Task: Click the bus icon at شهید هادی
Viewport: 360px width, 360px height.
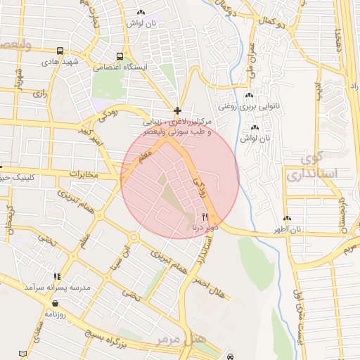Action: coord(60,51)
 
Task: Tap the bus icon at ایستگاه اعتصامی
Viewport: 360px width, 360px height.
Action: coord(120,56)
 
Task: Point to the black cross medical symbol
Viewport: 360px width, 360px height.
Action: coord(177,110)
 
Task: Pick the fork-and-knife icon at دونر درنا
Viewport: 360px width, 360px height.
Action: coord(205,217)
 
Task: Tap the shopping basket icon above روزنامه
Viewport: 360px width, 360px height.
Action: coord(54,303)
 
